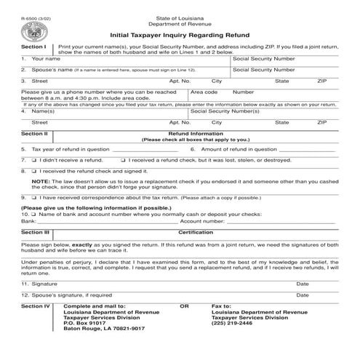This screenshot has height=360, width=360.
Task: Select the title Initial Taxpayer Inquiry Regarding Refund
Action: [180, 33]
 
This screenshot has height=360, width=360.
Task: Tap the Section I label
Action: [33, 45]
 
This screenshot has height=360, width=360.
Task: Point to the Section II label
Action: [34, 134]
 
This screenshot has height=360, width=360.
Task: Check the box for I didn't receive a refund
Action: [33, 159]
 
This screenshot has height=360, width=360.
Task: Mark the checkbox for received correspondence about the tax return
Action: [33, 197]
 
